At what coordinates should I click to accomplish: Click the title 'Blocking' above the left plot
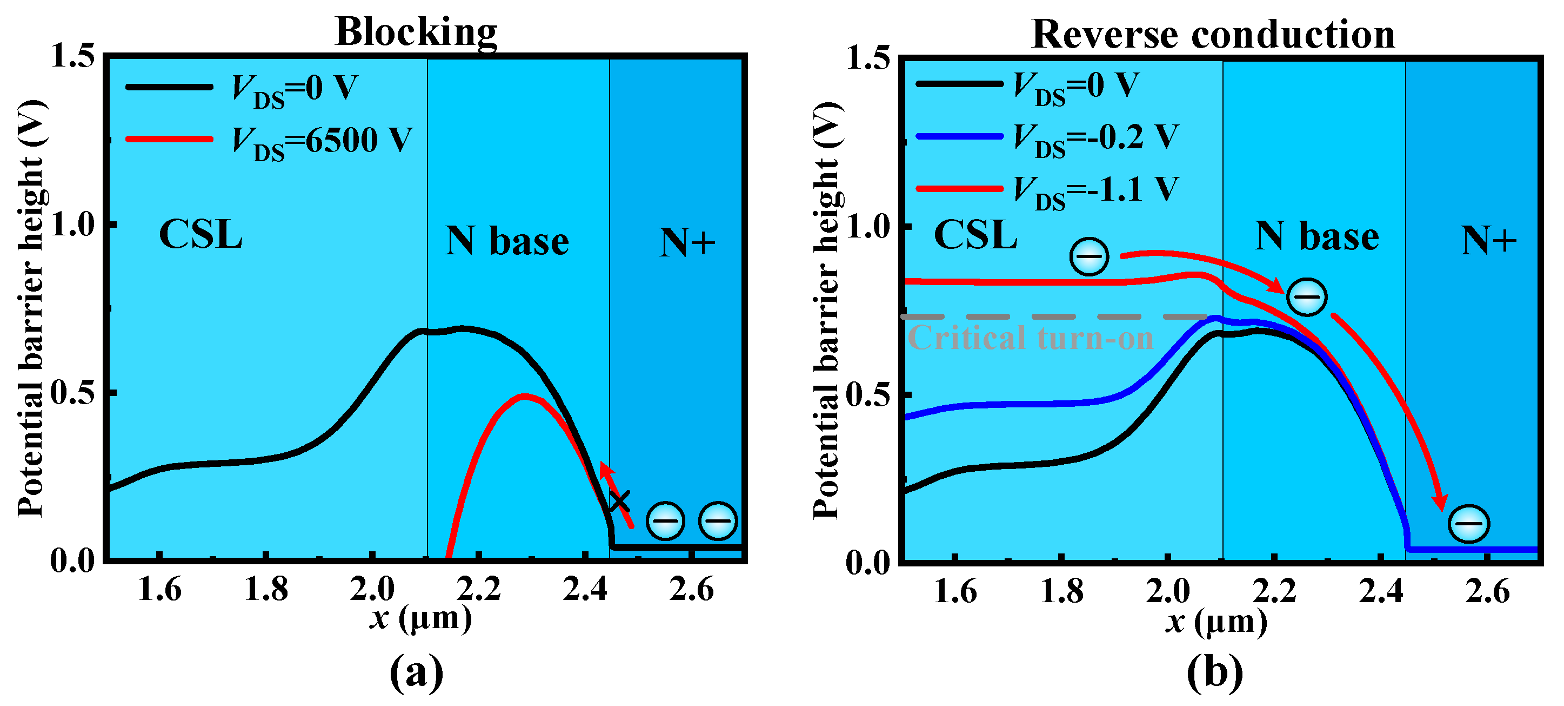coord(416,31)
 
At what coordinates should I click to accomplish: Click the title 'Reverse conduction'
coord(1213,34)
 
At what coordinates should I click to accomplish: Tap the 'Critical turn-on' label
coord(1030,338)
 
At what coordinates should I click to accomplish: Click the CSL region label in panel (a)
coord(200,235)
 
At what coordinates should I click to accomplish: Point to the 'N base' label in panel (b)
coord(1316,237)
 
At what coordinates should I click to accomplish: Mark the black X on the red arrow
coord(619,502)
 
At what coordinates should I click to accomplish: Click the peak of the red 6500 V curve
coord(525,396)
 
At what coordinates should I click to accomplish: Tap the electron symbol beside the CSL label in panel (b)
coord(1089,256)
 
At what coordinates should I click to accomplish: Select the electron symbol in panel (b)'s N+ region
coord(1469,524)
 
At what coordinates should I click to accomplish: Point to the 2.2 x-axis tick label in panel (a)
coord(478,589)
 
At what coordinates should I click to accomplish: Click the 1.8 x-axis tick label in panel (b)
coord(1061,592)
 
